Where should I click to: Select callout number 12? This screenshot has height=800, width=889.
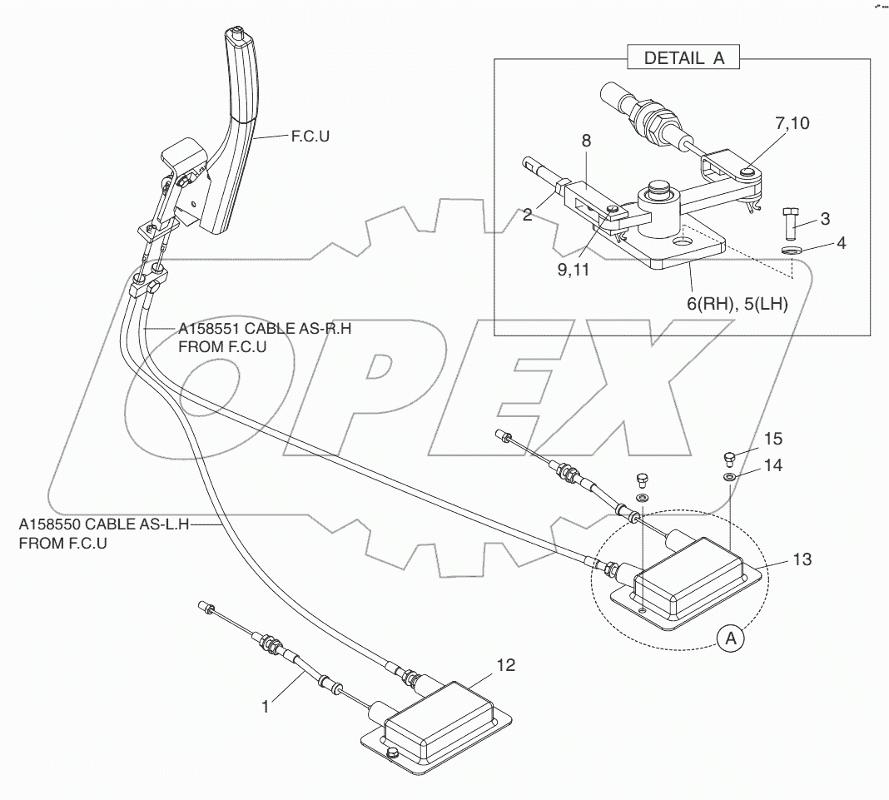(x=506, y=664)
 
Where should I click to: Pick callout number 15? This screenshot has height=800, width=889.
(x=773, y=439)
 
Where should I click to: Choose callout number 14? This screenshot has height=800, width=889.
(x=773, y=466)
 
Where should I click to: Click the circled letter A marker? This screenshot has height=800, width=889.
(x=730, y=639)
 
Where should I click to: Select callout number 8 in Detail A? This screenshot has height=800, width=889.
(x=586, y=142)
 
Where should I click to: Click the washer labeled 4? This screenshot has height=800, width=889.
(x=792, y=249)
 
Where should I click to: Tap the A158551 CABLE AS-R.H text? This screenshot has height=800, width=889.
(x=264, y=329)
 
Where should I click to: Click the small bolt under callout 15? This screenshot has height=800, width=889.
(x=728, y=457)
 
